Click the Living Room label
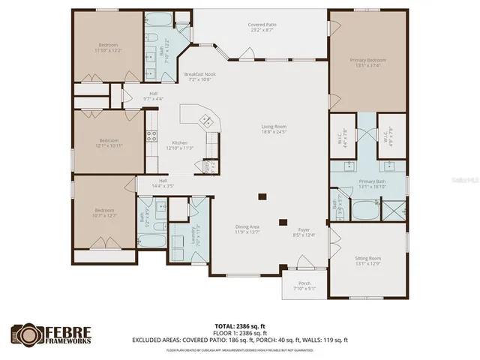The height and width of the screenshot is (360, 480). [274, 127]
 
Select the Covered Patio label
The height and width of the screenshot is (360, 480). [262, 25]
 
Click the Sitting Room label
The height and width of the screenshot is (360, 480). [367, 258]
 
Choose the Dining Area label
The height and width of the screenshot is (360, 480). [247, 226]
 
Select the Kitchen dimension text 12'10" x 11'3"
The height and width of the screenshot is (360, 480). [180, 148]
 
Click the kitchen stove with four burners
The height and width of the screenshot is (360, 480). [151, 136]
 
